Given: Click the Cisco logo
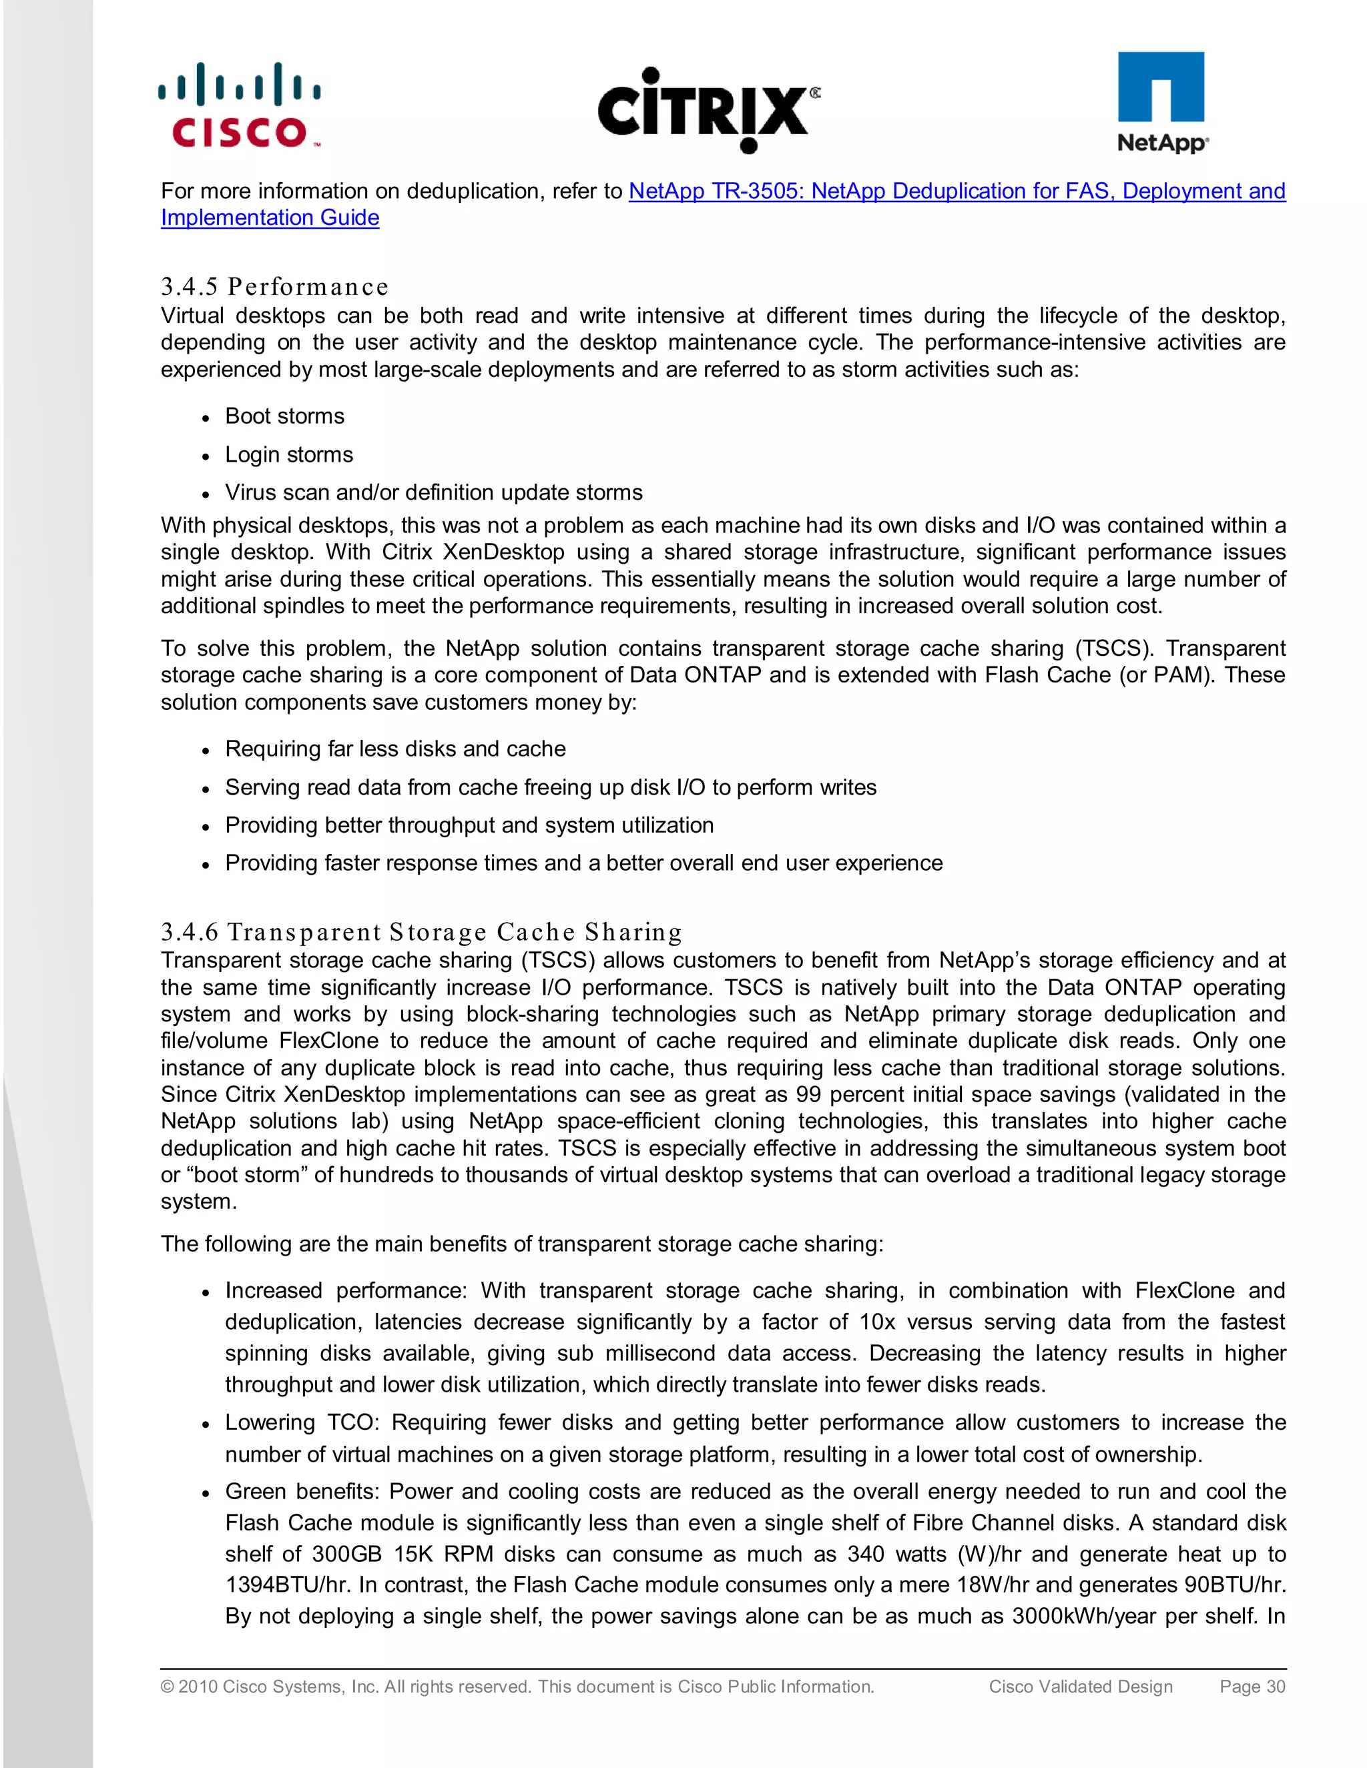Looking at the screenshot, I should (x=240, y=106).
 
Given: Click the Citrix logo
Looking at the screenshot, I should (x=708, y=110).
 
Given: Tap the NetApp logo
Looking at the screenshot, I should (x=1161, y=103).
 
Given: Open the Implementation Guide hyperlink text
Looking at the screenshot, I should (x=270, y=217).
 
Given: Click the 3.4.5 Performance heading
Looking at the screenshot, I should (x=274, y=287).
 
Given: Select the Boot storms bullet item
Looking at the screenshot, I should (x=284, y=416).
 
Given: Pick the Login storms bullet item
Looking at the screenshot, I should (x=288, y=454).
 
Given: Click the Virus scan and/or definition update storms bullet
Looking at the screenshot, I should (x=433, y=492).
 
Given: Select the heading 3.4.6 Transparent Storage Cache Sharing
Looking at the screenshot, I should (x=421, y=932).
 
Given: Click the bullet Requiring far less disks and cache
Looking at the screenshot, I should (x=395, y=749).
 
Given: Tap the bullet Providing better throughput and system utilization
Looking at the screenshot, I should (x=469, y=825).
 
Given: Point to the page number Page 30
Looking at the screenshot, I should (x=1252, y=1686).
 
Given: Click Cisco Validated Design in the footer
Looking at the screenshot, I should (x=1081, y=1686).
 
